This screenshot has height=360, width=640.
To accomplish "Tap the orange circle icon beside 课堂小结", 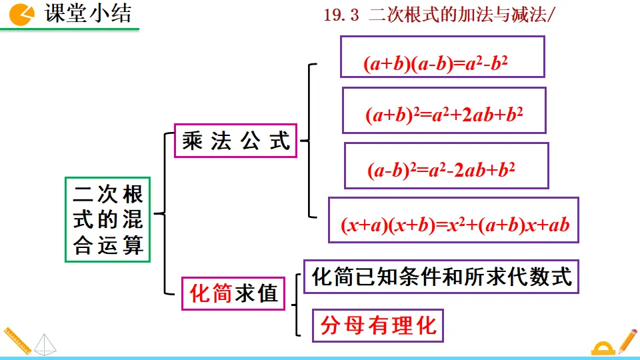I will (23, 14).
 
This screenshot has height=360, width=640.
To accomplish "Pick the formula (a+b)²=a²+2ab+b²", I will (444, 115).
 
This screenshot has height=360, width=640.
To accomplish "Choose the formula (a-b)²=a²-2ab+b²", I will (441, 170).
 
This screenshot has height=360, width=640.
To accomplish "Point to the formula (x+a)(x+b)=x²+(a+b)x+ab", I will (455, 225).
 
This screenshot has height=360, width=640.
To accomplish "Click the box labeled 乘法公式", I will (237, 141).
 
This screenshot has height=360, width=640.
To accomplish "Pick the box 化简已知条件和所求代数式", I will (441, 276).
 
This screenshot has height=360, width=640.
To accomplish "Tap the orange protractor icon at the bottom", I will (603, 349).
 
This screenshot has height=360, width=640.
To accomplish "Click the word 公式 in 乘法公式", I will (267, 141).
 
